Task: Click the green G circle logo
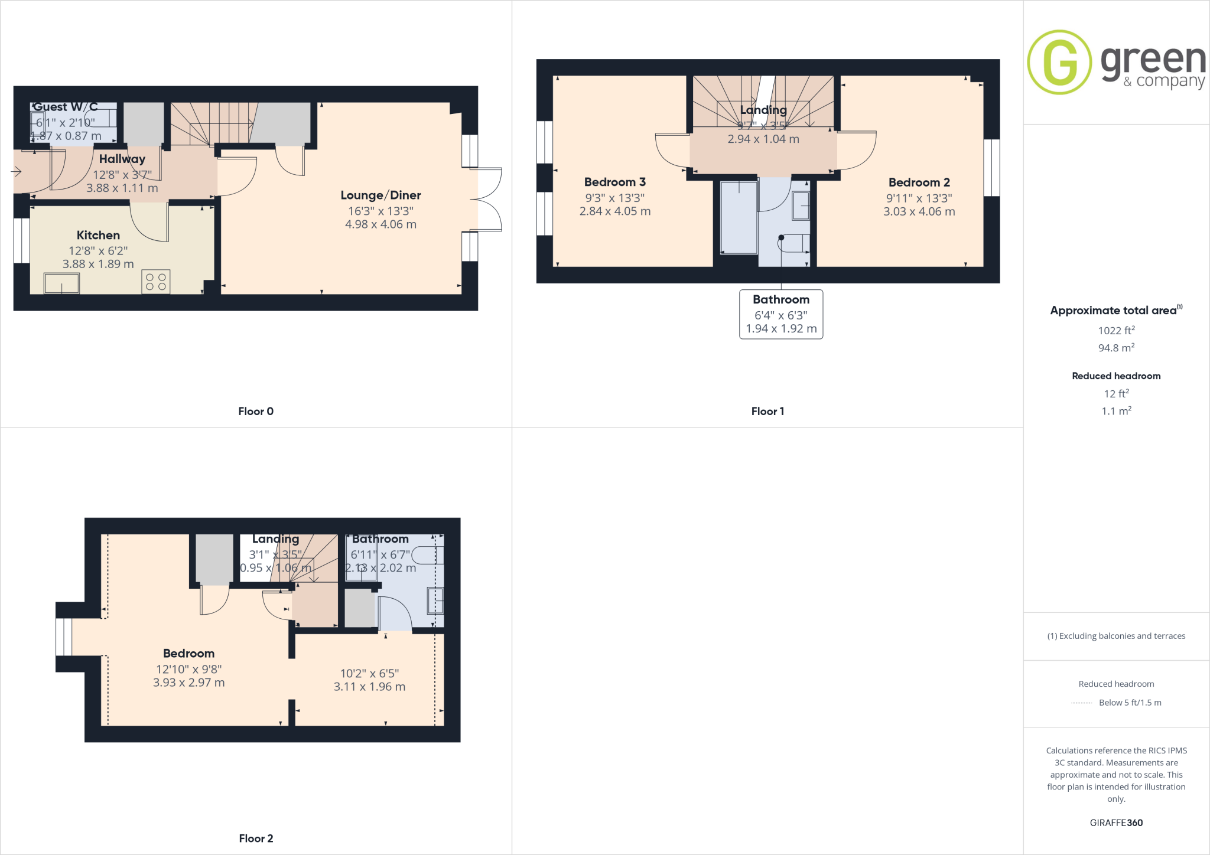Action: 1059,62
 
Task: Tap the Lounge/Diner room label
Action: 380,195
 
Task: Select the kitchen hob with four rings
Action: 156,282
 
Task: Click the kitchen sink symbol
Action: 61,283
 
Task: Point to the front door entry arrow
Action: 16,172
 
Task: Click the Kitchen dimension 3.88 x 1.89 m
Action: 98,264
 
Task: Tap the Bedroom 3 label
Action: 614,182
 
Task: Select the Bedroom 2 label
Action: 919,182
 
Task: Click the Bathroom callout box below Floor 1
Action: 780,314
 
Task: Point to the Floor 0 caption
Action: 255,412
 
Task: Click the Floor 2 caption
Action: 255,838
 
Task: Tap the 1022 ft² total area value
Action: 1115,331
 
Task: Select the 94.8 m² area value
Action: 1115,348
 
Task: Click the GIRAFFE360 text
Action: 1115,823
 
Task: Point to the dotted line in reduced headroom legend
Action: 1081,703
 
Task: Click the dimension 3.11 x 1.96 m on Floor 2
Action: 369,687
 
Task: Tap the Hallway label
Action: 122,159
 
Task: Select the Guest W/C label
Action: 65,107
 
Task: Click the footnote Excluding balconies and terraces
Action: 1115,636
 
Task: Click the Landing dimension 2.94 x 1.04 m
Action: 763,139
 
